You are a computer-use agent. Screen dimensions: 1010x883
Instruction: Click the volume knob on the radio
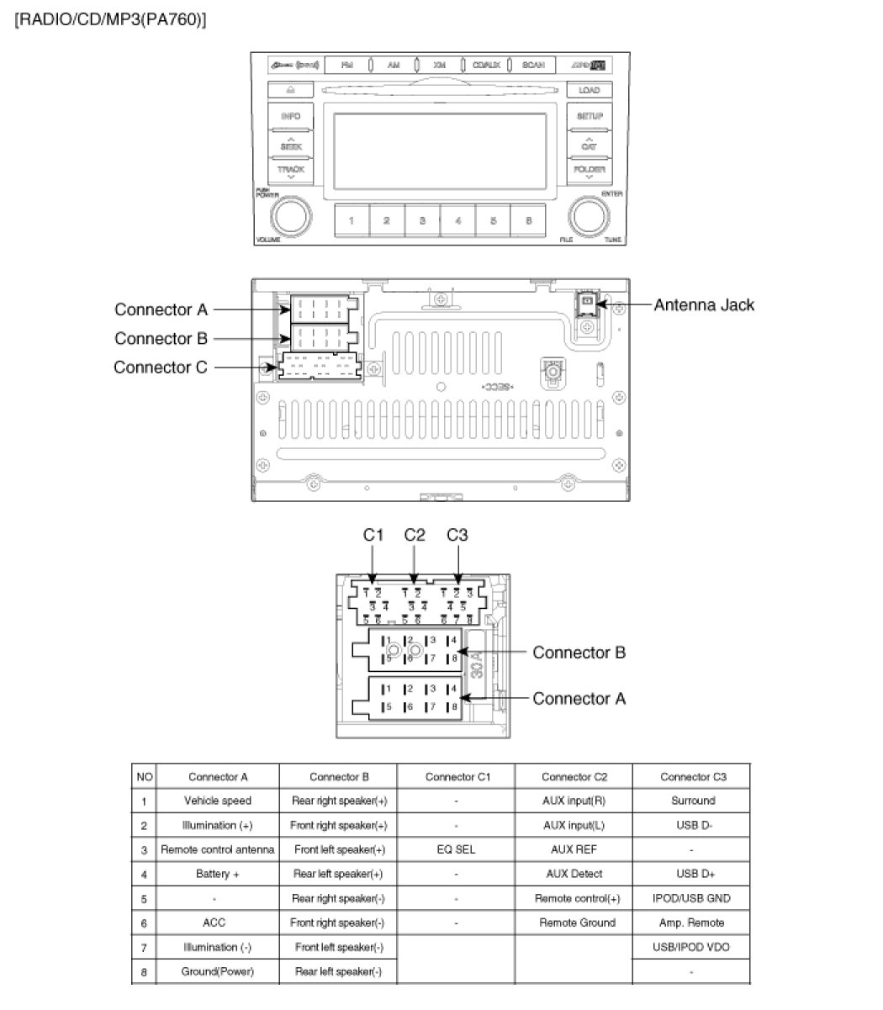(290, 216)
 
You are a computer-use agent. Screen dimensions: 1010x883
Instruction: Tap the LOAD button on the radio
(590, 90)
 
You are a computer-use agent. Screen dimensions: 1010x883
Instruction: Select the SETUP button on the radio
(590, 116)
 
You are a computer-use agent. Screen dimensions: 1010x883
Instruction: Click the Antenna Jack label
(704, 305)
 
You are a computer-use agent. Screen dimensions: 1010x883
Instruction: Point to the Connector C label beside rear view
(160, 368)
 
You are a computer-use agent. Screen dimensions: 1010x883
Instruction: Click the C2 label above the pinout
(415, 535)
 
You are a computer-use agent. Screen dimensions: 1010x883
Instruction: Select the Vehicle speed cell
(218, 801)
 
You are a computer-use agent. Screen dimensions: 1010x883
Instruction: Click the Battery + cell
(218, 874)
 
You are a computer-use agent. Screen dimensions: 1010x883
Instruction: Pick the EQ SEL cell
(456, 849)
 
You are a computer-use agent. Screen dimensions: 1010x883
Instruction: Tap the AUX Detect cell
(574, 874)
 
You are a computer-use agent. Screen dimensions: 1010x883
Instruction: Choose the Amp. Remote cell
(691, 923)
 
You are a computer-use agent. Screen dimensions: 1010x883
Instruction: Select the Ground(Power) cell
(218, 971)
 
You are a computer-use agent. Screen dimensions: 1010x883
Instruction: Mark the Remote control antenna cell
(218, 849)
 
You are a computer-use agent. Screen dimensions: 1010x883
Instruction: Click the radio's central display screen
(440, 151)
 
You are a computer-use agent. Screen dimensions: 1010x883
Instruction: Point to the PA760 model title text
(110, 19)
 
